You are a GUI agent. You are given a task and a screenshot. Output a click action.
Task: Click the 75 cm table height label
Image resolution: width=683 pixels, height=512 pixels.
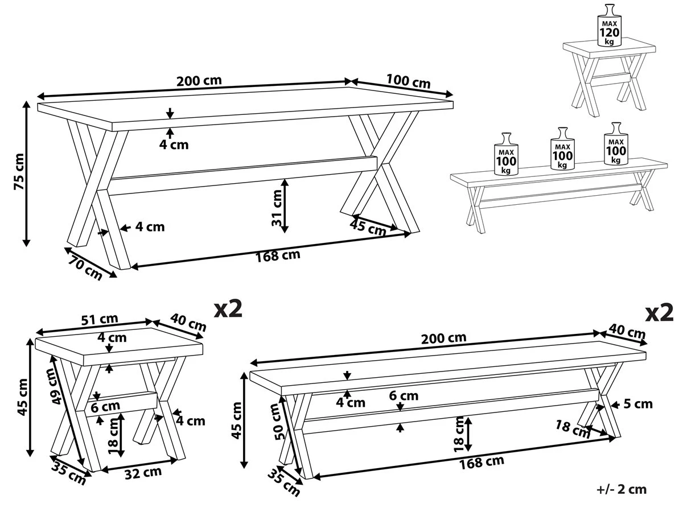click(x=19, y=171)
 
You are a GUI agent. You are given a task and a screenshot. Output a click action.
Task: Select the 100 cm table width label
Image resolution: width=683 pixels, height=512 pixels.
click(x=408, y=81)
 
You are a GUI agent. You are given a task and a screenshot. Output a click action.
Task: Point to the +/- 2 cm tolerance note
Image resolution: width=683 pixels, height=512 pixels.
click(x=622, y=489)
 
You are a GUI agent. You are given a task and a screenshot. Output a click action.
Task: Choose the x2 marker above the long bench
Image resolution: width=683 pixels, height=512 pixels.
click(x=660, y=312)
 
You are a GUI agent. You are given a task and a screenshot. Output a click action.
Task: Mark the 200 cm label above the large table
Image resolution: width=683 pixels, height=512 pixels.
click(x=199, y=80)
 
